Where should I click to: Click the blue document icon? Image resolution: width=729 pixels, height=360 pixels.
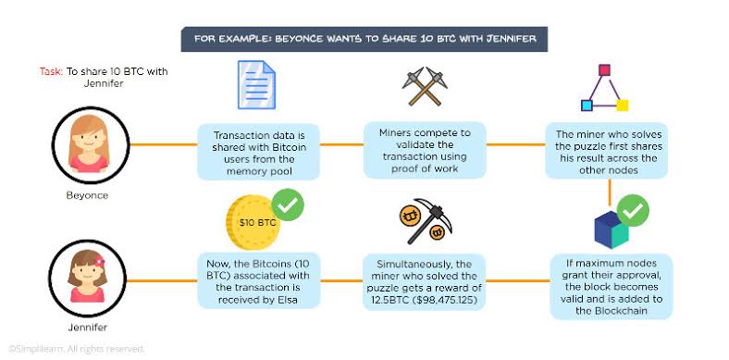[x=256, y=84]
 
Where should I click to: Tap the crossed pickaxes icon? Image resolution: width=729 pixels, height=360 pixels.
[x=425, y=86]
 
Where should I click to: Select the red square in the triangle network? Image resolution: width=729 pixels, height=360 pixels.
[x=604, y=70]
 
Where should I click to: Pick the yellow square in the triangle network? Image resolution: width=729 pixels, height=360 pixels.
[x=622, y=106]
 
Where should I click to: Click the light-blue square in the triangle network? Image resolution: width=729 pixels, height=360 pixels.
[x=587, y=106]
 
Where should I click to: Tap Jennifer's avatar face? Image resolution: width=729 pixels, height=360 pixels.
[x=88, y=278]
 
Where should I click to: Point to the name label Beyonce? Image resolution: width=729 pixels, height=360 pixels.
[x=87, y=195]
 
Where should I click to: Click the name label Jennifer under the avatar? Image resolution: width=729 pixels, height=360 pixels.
[x=87, y=328]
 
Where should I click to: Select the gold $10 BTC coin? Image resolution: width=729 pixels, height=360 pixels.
[x=253, y=222]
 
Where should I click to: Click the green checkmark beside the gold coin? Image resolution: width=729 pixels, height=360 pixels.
[x=288, y=205]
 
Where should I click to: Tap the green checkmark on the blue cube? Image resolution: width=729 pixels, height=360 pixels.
[x=633, y=211]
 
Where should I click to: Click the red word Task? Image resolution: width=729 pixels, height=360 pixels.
[x=51, y=72]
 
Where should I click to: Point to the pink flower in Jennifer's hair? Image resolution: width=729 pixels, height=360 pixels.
[x=99, y=261]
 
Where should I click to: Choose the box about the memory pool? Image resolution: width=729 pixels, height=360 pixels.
[x=258, y=153]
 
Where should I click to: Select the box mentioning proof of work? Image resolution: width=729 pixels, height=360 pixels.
[x=425, y=151]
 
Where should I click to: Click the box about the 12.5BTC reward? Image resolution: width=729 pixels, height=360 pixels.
[x=424, y=282]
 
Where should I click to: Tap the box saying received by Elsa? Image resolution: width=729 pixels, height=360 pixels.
[x=258, y=281]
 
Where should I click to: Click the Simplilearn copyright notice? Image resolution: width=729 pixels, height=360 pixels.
[x=77, y=348]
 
